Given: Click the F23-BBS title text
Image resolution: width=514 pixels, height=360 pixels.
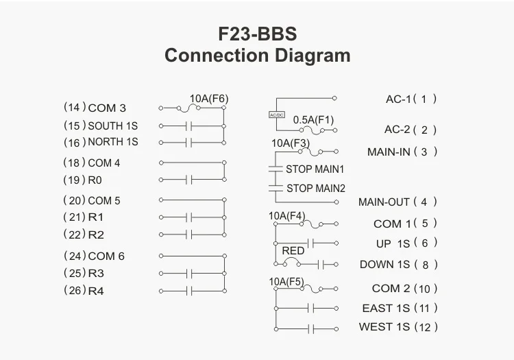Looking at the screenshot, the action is click(257, 35).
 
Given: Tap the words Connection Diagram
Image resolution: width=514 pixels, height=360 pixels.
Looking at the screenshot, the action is click(257, 56).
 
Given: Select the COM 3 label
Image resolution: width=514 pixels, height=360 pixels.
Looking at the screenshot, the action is click(107, 108).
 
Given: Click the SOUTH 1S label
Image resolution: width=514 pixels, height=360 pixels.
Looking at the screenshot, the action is click(112, 125).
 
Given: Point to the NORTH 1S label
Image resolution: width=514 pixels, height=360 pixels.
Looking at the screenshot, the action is click(112, 142).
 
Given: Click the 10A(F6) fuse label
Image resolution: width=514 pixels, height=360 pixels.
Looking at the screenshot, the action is click(208, 99).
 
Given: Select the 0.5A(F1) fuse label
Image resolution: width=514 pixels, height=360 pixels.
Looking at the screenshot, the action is click(313, 119).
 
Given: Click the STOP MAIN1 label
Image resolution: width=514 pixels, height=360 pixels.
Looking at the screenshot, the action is click(315, 169).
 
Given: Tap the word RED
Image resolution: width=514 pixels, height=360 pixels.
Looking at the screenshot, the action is click(293, 251).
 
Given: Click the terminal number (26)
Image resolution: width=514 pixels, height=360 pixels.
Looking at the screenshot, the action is click(73, 289).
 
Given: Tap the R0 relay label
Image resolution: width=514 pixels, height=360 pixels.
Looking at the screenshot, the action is click(95, 181).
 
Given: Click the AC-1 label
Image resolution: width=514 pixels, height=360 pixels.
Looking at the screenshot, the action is click(397, 99).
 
